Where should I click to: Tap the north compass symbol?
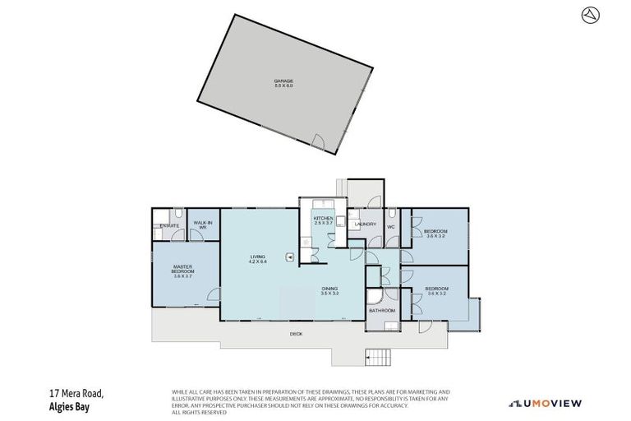click(x=588, y=15)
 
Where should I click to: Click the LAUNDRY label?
click(x=365, y=224)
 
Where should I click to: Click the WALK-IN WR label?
click(x=202, y=224)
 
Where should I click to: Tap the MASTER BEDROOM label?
click(x=182, y=271)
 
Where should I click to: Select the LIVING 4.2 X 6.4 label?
click(x=258, y=259)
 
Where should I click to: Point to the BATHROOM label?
click(x=382, y=310)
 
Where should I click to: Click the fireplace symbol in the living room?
click(x=290, y=257)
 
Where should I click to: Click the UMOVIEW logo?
click(x=545, y=403)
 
